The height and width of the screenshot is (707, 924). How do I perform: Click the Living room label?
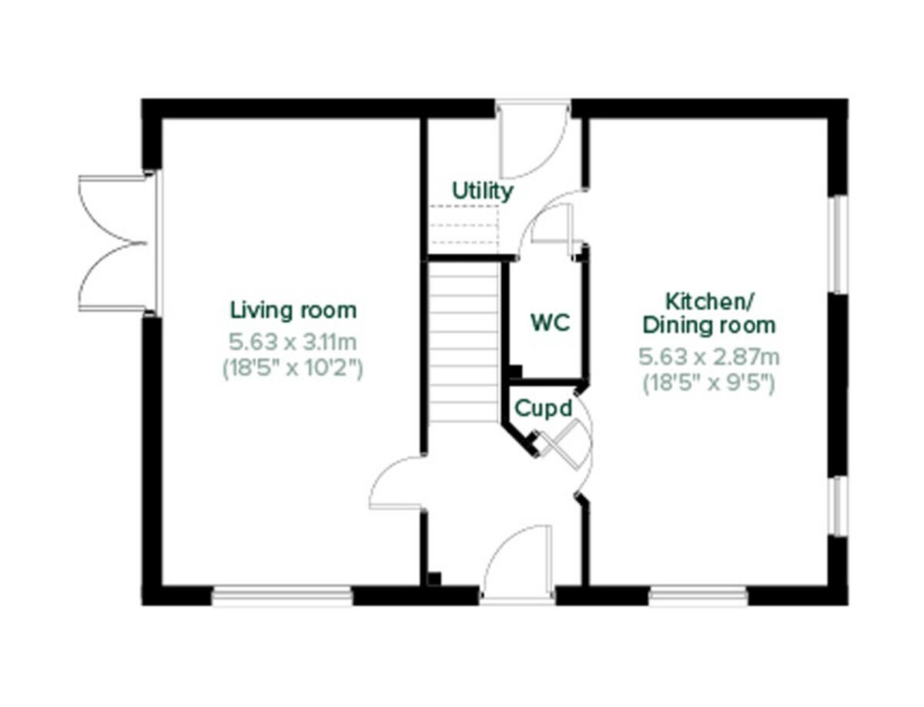click(293, 311)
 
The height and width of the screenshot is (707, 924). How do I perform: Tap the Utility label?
click(482, 191)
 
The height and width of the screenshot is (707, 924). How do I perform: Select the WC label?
click(551, 323)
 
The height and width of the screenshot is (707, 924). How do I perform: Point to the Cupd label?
click(544, 408)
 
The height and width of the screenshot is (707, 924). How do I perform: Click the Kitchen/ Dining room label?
click(709, 312)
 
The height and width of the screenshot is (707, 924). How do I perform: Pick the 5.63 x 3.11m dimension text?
click(293, 340)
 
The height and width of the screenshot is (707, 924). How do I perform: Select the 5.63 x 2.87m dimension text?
click(709, 357)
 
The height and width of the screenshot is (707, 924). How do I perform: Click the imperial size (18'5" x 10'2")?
click(293, 369)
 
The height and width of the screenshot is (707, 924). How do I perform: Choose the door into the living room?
click(397, 483)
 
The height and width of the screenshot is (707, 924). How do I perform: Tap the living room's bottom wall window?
click(282, 595)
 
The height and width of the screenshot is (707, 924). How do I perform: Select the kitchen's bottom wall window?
click(698, 595)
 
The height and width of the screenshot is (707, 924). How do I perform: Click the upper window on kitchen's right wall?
click(840, 244)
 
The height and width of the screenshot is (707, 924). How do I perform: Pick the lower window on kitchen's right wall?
click(840, 505)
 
